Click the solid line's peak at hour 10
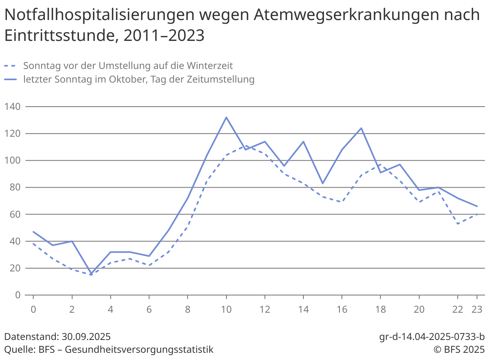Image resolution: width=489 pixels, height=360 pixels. (x=226, y=117)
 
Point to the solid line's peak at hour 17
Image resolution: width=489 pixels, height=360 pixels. (x=361, y=128)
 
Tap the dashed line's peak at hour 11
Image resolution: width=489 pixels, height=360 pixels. (x=246, y=145)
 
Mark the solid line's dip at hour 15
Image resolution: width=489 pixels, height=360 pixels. (x=323, y=183)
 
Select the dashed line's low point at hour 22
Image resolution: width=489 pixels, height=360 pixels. (x=458, y=224)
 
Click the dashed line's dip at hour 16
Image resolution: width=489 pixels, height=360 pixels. (x=342, y=202)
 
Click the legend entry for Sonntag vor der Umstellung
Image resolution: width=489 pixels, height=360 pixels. (x=128, y=65)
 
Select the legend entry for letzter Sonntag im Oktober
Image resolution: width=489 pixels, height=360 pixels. (x=139, y=79)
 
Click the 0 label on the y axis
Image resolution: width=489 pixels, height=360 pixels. (x=17, y=295)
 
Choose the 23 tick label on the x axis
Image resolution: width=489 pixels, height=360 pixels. (x=477, y=309)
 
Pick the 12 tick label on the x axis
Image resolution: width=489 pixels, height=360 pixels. (x=265, y=309)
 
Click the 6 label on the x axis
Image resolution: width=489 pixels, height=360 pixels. (x=149, y=309)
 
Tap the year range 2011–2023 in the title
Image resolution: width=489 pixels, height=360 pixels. (x=164, y=36)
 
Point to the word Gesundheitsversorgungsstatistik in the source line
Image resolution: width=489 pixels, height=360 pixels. (x=139, y=349)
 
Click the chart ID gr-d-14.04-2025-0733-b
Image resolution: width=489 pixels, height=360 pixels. (x=432, y=336)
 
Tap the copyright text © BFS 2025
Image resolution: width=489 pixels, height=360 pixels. (x=459, y=349)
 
